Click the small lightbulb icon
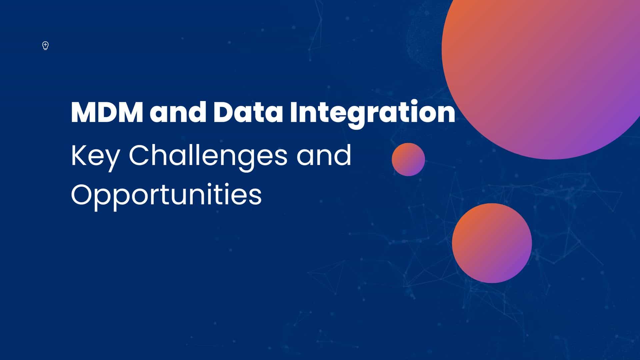[x=46, y=46]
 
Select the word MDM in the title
[x=107, y=113]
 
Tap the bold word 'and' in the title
[x=178, y=113]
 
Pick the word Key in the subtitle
[x=95, y=156]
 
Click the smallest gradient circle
[x=408, y=159]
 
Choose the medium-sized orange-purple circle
[x=492, y=243]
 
